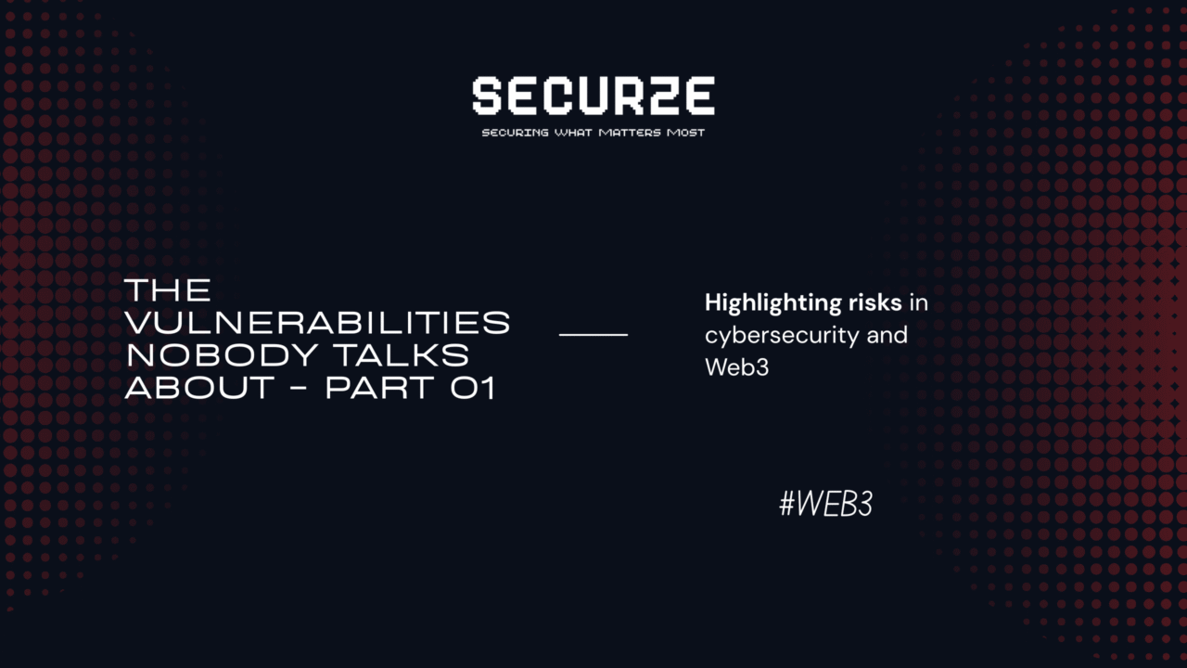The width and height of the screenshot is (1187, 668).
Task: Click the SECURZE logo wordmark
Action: [593, 96]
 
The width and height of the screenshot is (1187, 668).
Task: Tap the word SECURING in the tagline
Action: [515, 133]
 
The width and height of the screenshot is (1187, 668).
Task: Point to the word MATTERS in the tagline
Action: [630, 133]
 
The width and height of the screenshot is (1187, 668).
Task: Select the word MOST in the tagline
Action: [685, 133]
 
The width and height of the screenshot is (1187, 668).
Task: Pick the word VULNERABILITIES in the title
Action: [317, 323]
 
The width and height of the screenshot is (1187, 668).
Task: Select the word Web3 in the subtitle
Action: [736, 366]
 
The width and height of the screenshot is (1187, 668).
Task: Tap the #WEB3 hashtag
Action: [825, 505]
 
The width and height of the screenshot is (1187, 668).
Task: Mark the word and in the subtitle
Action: [887, 335]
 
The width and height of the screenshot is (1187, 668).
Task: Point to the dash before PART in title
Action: [296, 388]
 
